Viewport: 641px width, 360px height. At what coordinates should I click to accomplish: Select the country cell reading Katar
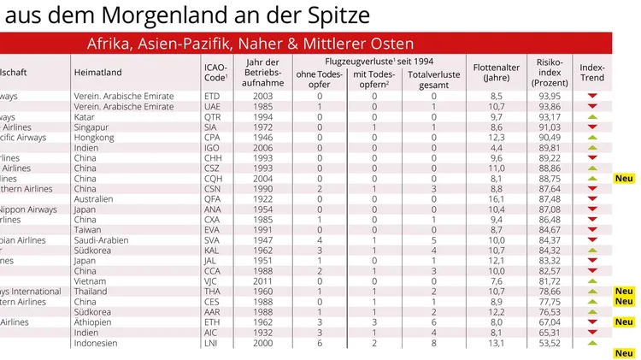87,117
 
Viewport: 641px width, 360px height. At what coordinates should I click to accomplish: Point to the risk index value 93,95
548,97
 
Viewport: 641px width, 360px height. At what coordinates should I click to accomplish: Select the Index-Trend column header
591,72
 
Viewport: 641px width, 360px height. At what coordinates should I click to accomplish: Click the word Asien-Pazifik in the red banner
194,43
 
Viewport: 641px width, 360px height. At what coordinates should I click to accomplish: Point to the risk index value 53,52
548,343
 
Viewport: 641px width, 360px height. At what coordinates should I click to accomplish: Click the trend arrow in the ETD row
591,97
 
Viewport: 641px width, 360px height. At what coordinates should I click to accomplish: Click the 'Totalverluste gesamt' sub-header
433,78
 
